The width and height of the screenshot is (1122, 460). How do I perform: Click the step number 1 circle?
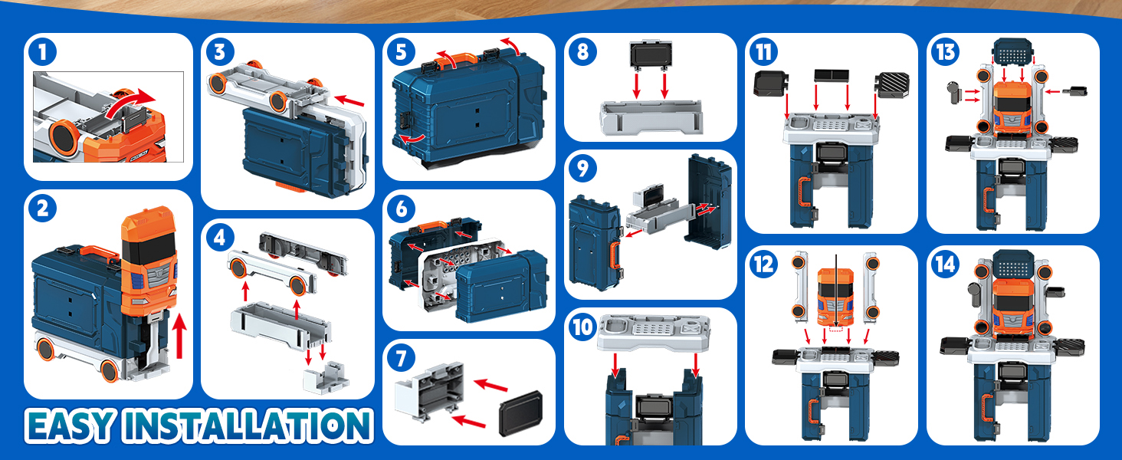43,51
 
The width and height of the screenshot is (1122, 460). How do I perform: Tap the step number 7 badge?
402,358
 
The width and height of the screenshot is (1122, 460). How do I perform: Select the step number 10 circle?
583,327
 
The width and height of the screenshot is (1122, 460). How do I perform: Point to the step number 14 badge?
946,264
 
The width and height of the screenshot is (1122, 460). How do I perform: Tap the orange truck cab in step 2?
149,261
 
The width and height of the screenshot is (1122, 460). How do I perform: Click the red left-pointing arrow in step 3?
349,100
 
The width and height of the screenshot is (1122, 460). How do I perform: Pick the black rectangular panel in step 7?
521,413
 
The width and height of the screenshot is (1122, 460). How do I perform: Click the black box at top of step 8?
650,55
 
